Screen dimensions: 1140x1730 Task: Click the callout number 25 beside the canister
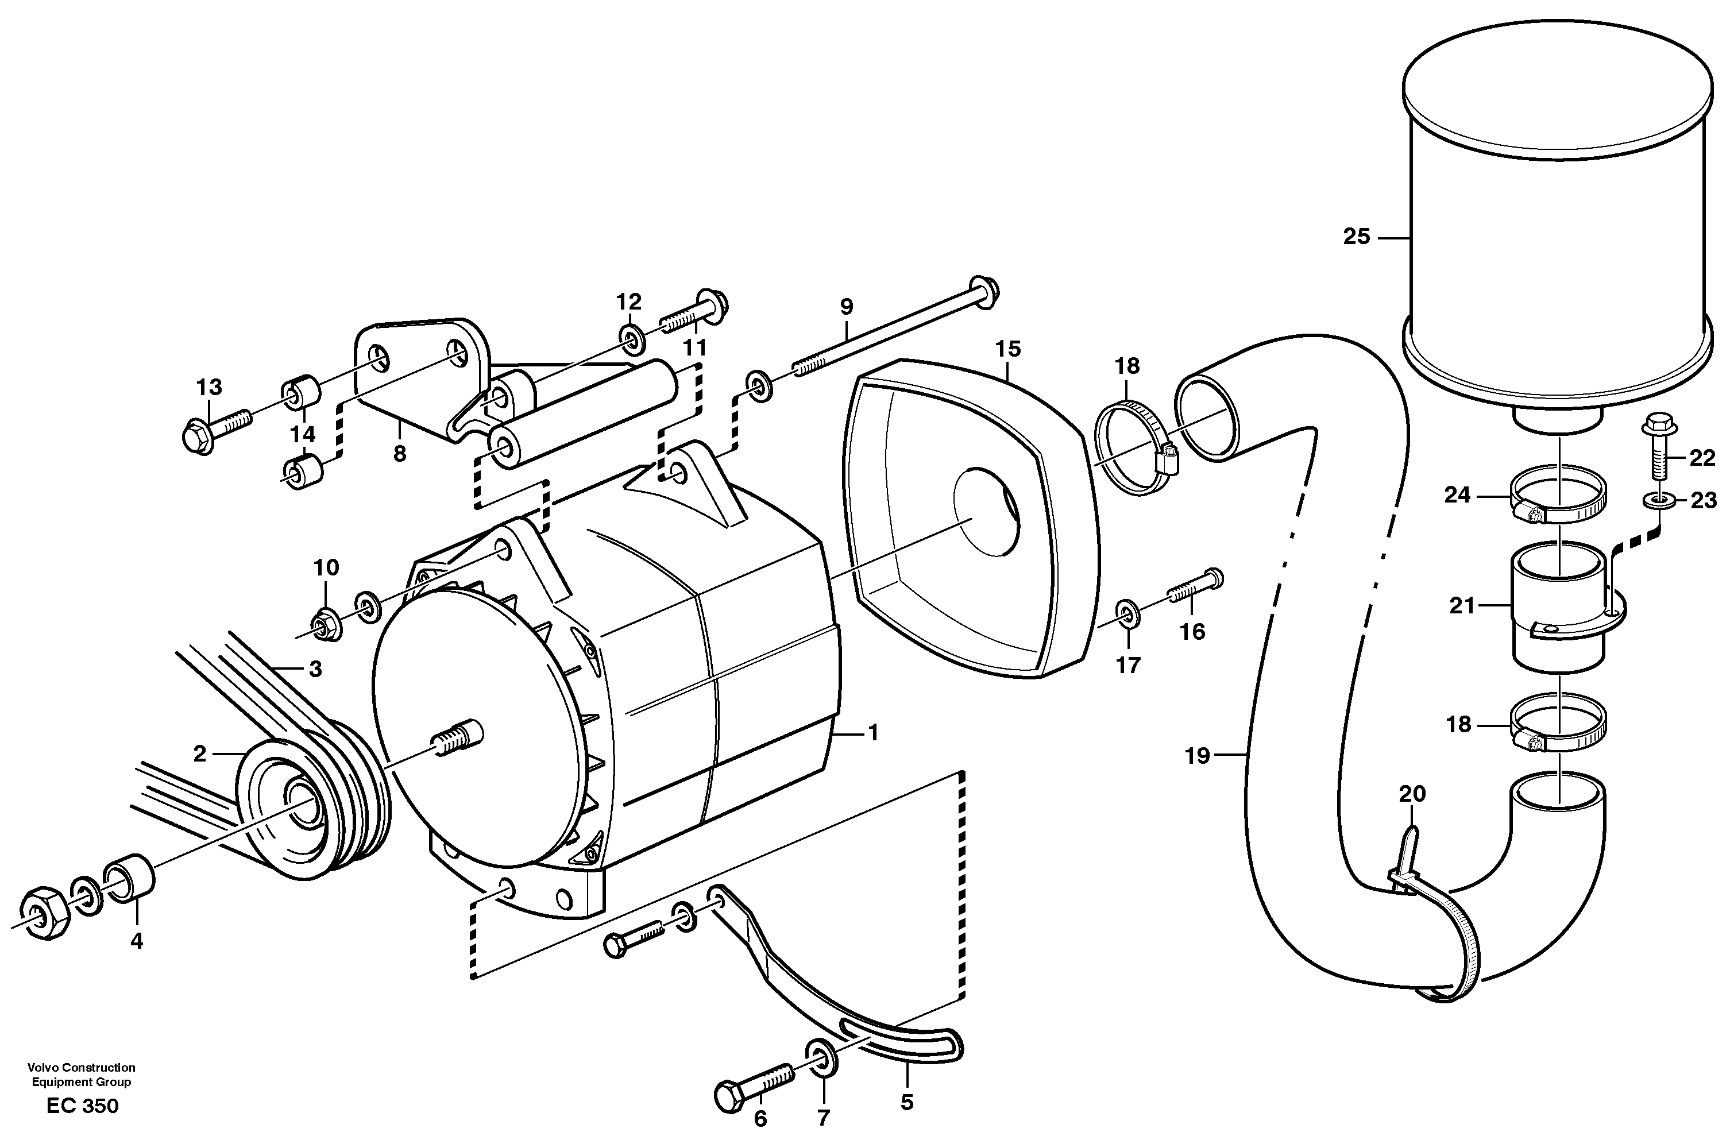point(1357,237)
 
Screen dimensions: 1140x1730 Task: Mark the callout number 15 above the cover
point(1008,349)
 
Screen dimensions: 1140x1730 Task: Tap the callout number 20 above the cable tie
point(1412,794)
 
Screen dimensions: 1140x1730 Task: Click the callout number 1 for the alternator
point(873,733)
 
